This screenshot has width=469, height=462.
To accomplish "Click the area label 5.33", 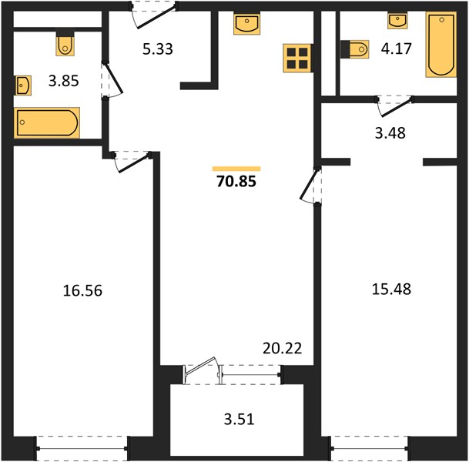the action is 158,49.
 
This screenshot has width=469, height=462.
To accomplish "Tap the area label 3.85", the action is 64,81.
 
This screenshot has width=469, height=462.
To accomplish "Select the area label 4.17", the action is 397,49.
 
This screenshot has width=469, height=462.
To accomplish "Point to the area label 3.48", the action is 390,133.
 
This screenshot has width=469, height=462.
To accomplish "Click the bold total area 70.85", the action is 236,181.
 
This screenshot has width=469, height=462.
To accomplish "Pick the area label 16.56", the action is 82,290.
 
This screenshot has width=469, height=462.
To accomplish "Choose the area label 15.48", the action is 391,290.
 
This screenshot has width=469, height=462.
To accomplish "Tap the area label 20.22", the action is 283,348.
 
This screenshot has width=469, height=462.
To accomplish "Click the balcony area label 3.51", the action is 240,419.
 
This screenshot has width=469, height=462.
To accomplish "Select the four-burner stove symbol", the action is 297,58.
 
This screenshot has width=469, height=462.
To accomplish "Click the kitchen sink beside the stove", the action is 246,24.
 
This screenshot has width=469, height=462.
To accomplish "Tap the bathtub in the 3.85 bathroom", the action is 47,122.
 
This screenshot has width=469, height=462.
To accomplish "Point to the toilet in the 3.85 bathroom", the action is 65,44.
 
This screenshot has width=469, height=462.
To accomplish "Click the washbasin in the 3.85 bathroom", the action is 23,85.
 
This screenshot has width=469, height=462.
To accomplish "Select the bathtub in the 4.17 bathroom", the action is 441,45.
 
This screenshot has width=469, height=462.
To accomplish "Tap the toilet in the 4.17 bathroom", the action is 356,49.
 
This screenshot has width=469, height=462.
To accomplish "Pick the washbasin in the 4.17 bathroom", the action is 397,21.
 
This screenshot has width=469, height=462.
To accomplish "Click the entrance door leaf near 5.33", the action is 156,17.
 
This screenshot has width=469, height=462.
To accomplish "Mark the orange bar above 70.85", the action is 236,169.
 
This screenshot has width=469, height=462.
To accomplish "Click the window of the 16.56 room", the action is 82,448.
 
